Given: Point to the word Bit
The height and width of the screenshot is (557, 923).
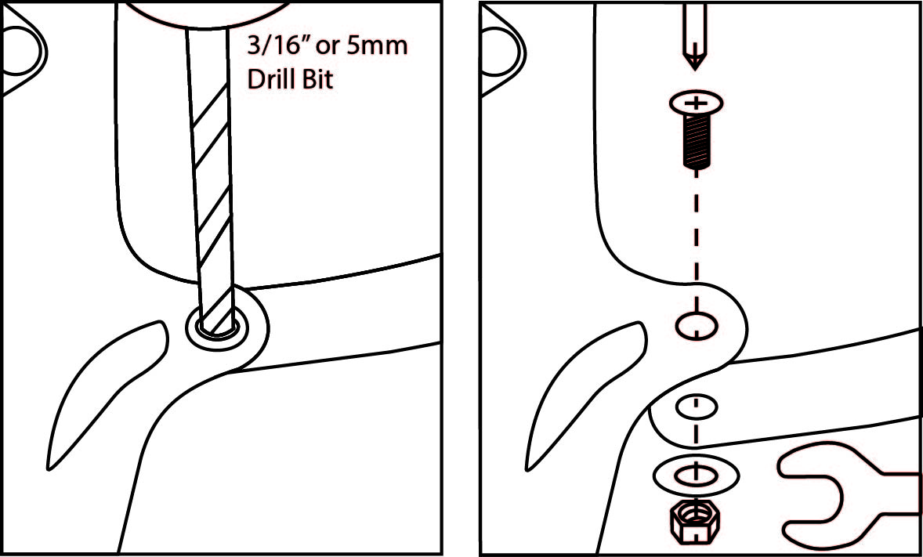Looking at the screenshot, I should click(318, 80).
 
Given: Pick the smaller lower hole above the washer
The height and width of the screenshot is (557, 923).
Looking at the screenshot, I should click(696, 407).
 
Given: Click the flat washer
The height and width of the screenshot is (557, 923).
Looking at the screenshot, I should click(696, 474).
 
